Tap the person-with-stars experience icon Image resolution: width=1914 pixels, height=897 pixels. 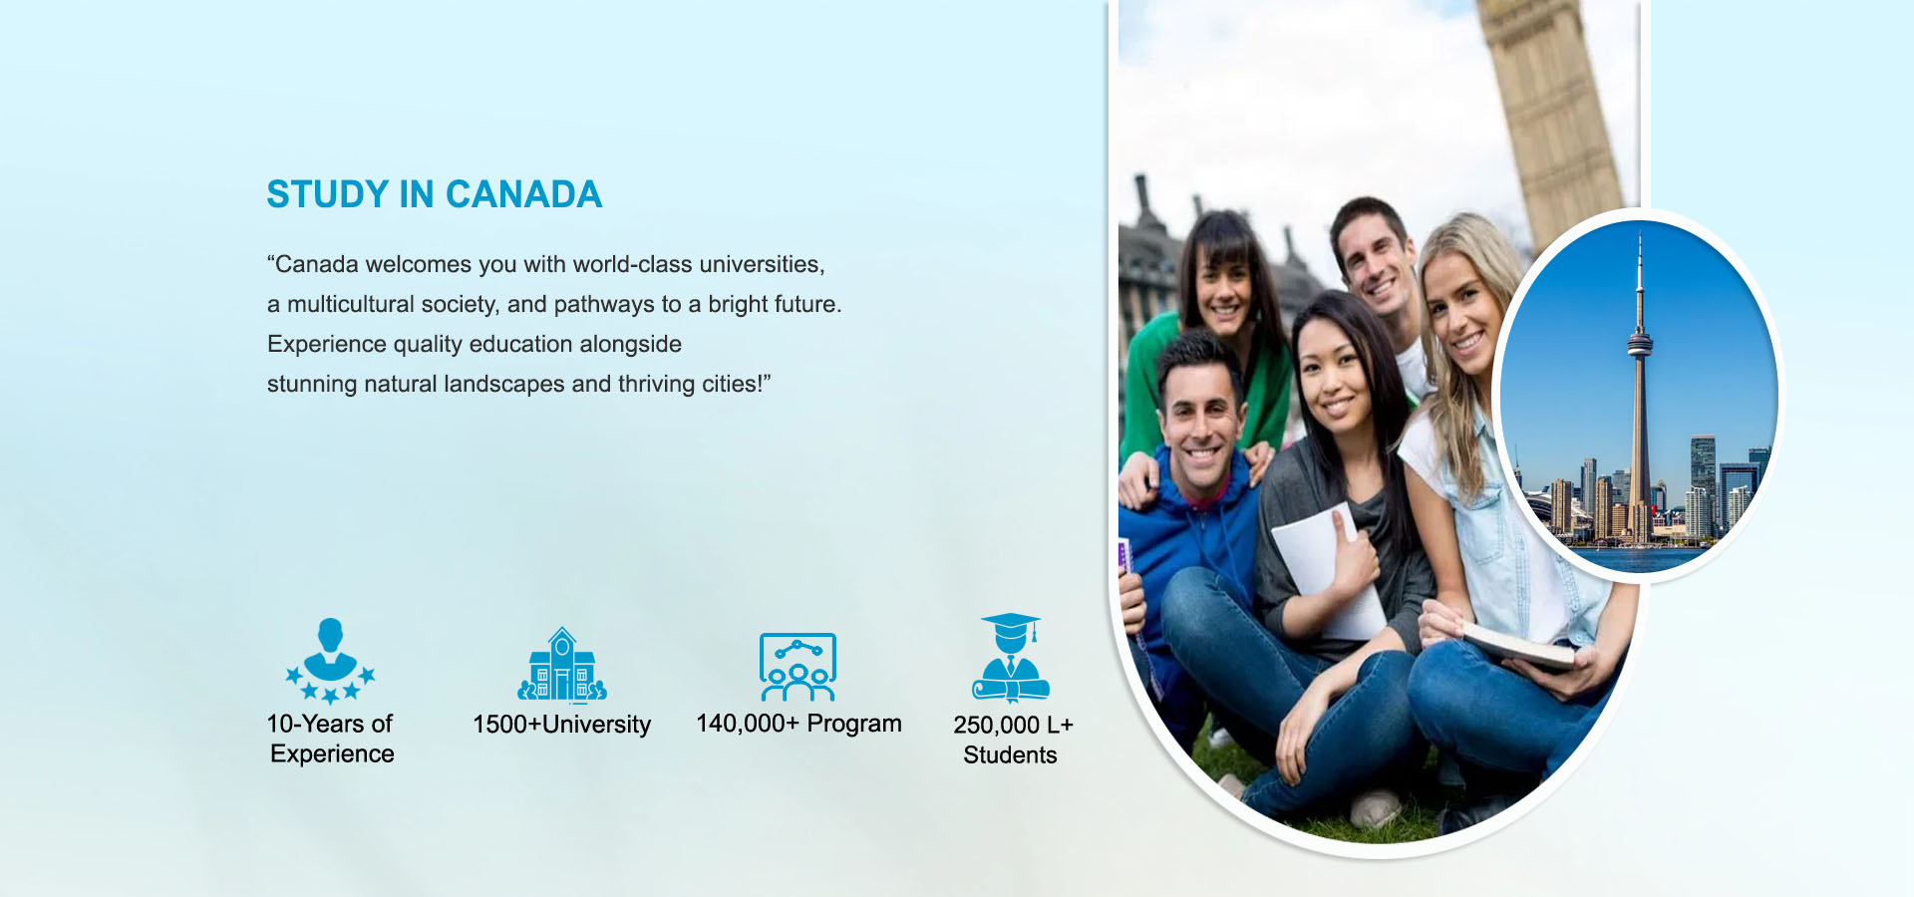[x=330, y=661]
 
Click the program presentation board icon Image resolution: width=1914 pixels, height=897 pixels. [x=797, y=667]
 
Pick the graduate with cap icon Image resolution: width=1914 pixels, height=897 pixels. [x=1011, y=657]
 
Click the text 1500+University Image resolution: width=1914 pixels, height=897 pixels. [x=561, y=725]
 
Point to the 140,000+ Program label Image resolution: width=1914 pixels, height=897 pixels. [x=798, y=724]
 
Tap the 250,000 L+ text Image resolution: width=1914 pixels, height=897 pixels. [x=1013, y=725]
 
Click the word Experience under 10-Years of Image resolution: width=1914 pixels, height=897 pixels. [x=332, y=754]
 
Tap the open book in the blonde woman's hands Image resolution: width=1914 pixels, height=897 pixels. [x=1518, y=644]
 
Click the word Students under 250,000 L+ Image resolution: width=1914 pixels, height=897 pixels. [x=1010, y=755]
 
